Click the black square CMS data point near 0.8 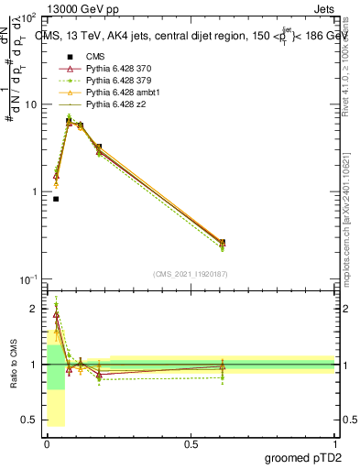[56, 199]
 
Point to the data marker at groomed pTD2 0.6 [223, 243]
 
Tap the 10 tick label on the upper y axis [31, 104]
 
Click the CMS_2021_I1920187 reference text [191, 274]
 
